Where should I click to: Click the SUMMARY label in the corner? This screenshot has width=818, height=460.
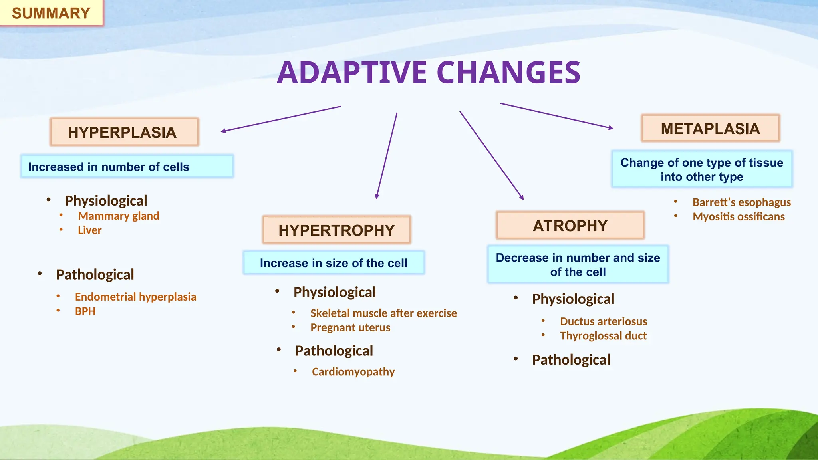point(51,13)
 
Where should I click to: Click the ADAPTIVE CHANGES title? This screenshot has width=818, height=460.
point(429,73)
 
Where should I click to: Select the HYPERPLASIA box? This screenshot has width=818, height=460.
point(124,132)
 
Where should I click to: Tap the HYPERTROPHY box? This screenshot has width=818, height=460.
point(336,230)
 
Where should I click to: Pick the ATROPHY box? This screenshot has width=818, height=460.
point(570,226)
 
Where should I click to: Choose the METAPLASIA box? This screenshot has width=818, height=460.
point(710,129)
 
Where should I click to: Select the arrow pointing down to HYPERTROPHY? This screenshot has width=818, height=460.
point(387,156)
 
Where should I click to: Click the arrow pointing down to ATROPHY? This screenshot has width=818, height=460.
point(491,155)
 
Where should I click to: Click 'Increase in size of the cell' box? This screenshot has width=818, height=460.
point(334,263)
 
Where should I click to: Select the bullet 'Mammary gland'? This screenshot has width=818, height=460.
point(119,216)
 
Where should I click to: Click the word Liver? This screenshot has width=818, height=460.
point(90,230)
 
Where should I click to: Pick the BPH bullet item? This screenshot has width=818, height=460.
point(85,311)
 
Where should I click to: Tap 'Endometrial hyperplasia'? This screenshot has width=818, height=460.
point(135,297)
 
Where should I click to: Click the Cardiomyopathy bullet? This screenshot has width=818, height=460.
point(353,372)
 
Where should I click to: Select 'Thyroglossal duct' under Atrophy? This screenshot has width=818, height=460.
point(603,336)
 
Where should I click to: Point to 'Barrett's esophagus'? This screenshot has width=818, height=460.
point(741,202)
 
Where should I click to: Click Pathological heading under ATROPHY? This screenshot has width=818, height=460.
point(571,360)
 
